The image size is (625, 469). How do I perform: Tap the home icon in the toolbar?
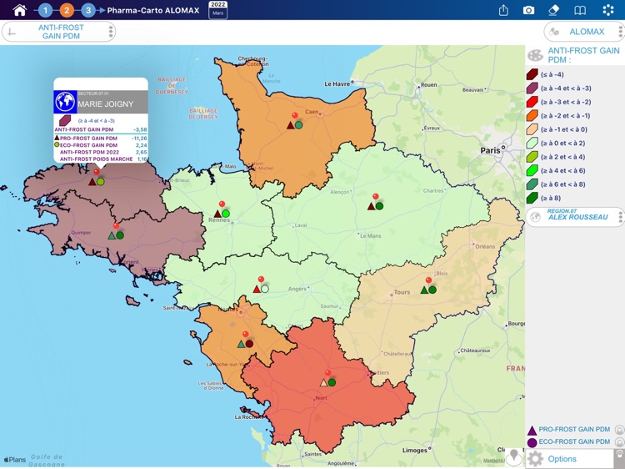click(19, 10)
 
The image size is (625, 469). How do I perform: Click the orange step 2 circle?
click(67, 10)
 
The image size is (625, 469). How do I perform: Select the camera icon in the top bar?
click(528, 10)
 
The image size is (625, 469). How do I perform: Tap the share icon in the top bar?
click(503, 10)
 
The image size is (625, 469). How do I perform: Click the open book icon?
click(580, 10)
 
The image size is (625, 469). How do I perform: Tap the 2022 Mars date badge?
click(217, 10)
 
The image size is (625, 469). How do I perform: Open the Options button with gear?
click(562, 459)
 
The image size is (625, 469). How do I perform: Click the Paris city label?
click(490, 150)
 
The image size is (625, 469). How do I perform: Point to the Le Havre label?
click(337, 83)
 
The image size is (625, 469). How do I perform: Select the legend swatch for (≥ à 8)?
click(532, 198)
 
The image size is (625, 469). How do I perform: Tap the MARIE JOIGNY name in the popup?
click(102, 104)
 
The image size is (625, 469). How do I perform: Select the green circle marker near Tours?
click(432, 290)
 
